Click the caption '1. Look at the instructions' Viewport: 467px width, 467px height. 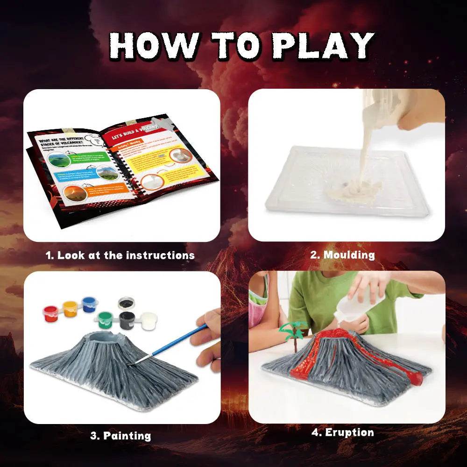(x=120, y=255)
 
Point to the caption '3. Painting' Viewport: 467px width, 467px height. (x=120, y=436)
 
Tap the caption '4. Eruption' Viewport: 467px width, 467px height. (x=343, y=432)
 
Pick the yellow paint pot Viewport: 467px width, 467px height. (x=70, y=308)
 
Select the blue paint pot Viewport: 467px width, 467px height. (x=89, y=304)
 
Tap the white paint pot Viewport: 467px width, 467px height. (x=149, y=321)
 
